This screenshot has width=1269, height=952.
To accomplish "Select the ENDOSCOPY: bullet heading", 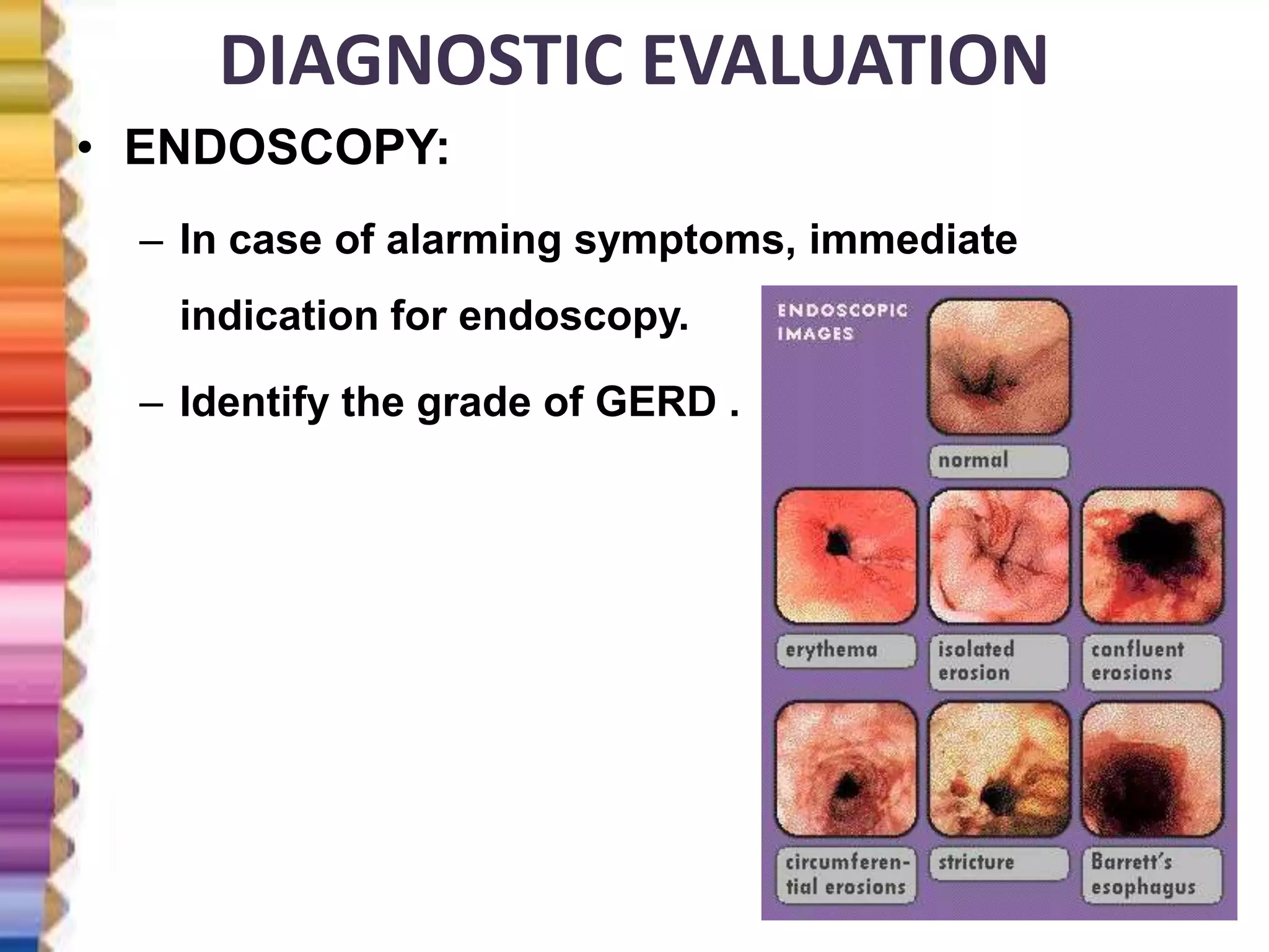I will (x=286, y=149).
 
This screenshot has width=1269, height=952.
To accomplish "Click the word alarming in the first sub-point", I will (x=473, y=240).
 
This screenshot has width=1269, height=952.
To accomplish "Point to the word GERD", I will (x=656, y=402).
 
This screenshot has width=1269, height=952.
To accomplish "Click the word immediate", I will (x=913, y=240).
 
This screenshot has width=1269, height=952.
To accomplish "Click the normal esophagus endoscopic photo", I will (x=999, y=367).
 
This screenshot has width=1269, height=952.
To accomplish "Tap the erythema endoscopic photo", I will (x=846, y=556).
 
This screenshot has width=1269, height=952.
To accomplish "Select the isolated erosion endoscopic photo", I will (x=999, y=556).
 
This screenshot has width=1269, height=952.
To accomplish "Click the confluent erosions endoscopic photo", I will (x=1152, y=556).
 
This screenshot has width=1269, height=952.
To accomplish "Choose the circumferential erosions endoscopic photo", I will (x=846, y=770).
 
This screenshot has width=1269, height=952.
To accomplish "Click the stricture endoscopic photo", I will (x=999, y=770).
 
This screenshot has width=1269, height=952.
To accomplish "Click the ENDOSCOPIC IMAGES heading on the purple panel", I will (x=843, y=322).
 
